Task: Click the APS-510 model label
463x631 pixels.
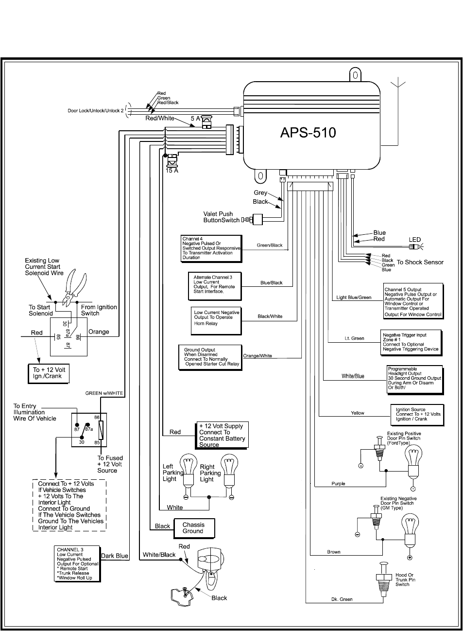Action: [308, 132]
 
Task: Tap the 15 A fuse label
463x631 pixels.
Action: [172, 171]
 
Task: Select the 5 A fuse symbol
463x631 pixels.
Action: [207, 121]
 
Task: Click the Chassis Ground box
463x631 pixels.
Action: [194, 528]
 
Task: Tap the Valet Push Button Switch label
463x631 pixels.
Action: [221, 217]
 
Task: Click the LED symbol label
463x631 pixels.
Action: [414, 240]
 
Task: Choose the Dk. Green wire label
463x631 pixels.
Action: [342, 599]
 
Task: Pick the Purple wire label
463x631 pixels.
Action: [338, 484]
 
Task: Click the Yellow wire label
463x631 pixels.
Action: [358, 413]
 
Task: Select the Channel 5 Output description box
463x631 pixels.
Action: [413, 301]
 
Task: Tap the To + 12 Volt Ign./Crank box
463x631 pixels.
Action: [49, 373]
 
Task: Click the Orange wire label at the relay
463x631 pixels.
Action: [99, 333]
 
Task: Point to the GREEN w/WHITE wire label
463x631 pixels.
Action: [104, 393]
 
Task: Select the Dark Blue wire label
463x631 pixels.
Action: [115, 556]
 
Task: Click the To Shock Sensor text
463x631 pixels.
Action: [420, 262]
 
